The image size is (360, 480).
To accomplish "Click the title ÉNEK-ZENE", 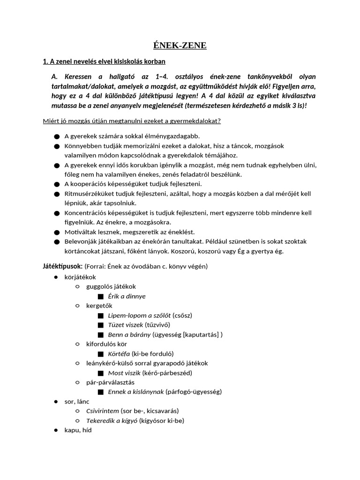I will point(180,45).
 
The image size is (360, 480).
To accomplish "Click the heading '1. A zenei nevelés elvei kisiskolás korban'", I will point(104,61).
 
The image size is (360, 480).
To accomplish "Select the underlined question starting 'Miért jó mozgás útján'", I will point(132,121).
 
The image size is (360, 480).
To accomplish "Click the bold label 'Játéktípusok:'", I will point(63,266).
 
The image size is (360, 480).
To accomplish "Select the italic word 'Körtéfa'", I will point(119,353).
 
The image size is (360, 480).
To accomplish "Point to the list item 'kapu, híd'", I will point(78,430).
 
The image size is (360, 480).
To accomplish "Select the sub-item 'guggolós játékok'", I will point(111,286).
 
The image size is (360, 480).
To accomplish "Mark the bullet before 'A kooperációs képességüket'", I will point(57,184).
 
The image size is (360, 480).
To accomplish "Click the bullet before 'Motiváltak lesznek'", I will point(57,232).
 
